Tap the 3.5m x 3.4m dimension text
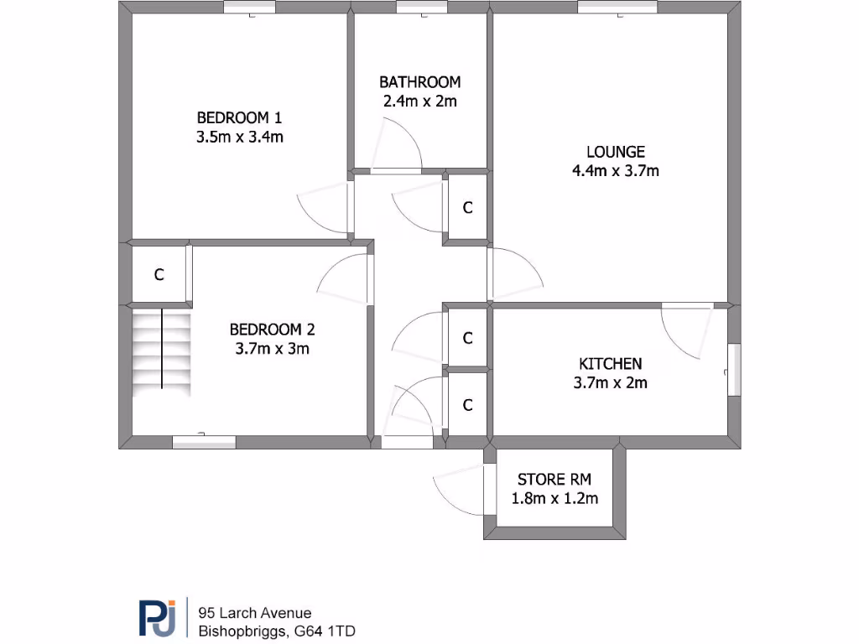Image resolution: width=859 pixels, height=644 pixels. [239, 137]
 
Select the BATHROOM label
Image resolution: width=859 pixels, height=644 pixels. [419, 82]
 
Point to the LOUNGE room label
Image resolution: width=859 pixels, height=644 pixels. [615, 152]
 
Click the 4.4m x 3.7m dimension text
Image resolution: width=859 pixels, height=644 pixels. [615, 171]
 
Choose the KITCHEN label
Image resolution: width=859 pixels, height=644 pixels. [610, 364]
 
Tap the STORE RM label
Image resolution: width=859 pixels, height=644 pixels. [554, 480]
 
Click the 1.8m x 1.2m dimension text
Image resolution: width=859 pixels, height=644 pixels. [554, 499]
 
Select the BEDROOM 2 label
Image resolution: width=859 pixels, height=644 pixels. [273, 329]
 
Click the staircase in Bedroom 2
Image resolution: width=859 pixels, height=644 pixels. [161, 351]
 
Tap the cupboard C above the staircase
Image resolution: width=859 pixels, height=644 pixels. [158, 274]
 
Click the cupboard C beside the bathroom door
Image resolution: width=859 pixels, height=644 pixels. [468, 208]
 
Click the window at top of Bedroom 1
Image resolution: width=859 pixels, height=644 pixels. [249, 8]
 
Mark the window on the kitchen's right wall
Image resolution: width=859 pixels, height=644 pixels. [735, 369]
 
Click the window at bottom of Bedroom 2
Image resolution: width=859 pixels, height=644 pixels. [203, 442]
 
